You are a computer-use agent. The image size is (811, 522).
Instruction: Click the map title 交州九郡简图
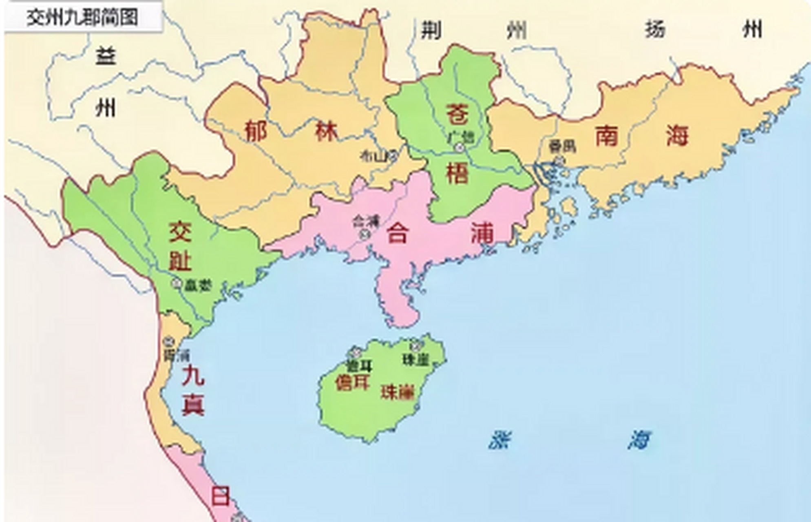tap(82, 18)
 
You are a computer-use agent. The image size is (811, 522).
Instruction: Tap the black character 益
tap(106, 56)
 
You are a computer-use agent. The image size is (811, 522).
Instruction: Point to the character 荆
tap(431, 30)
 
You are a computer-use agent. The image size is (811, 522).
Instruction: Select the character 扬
tap(655, 29)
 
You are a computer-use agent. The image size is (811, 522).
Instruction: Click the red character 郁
tap(256, 131)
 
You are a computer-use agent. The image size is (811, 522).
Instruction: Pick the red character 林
tap(327, 131)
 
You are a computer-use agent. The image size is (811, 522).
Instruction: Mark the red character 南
tap(606, 136)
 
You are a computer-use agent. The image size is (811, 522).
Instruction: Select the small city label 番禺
tap(562, 146)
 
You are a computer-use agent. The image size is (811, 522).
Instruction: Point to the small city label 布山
tap(372, 156)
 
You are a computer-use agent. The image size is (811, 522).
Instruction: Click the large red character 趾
tap(180, 261)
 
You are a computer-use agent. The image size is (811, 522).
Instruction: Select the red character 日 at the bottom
tap(220, 497)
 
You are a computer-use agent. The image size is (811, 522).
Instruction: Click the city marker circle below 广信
tap(460, 148)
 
